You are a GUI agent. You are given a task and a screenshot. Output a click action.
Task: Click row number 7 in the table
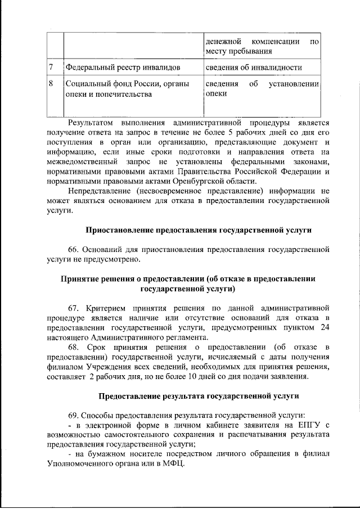[x=51, y=67]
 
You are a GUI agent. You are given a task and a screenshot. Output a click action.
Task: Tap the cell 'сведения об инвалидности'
[x=253, y=67]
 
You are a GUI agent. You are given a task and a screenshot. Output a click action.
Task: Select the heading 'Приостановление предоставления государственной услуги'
[x=198, y=229]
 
